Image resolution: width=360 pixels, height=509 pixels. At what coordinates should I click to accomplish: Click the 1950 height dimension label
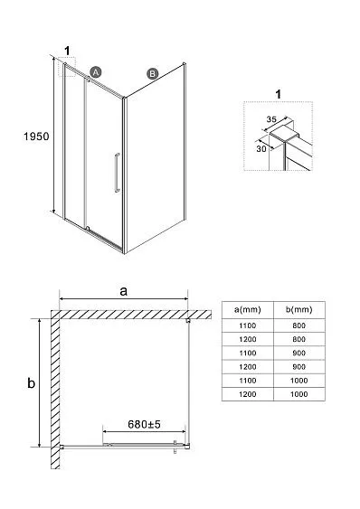click(36, 137)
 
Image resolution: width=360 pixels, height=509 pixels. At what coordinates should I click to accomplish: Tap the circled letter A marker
click(96, 72)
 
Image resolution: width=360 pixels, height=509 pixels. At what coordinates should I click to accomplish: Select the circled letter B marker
click(152, 74)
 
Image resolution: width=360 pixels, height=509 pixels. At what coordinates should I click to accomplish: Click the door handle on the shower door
click(117, 173)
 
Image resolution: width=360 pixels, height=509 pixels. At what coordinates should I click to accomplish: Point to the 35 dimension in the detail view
click(271, 119)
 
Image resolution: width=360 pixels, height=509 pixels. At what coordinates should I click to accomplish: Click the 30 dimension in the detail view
click(261, 148)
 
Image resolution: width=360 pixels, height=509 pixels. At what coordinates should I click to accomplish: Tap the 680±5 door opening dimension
click(144, 424)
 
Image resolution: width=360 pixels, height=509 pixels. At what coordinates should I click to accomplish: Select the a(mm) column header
click(248, 309)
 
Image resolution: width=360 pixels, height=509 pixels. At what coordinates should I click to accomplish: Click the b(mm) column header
click(298, 309)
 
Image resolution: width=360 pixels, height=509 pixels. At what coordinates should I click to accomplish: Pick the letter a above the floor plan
click(123, 291)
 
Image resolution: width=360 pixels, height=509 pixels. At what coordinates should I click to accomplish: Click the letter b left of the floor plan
click(31, 383)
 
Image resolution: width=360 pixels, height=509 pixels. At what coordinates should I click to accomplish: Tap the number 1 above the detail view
click(278, 94)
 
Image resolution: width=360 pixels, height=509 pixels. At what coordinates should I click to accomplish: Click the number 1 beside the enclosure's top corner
click(67, 51)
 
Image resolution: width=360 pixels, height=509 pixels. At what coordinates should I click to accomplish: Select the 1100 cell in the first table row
click(248, 325)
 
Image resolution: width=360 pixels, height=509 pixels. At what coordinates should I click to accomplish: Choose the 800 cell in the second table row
click(298, 339)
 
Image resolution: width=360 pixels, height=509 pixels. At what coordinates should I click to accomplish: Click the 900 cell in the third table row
click(298, 353)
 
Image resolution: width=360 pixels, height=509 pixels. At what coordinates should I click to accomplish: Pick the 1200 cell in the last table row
click(248, 394)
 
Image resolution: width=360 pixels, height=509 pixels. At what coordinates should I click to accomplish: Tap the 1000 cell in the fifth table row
click(298, 381)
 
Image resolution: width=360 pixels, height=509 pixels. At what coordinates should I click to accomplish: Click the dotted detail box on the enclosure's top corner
click(67, 67)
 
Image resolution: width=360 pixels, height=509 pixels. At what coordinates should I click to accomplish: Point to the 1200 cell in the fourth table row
click(248, 367)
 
